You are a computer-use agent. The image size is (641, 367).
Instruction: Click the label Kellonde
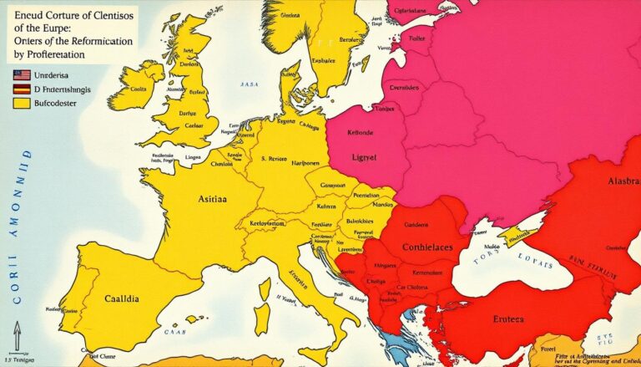pyautogui.click(x=361, y=133)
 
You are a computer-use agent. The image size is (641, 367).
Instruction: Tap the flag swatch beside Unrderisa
pyautogui.click(x=22, y=75)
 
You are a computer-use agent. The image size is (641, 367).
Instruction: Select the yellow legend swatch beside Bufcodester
pyautogui.click(x=22, y=103)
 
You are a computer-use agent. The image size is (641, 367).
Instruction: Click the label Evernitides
pyautogui.click(x=404, y=86)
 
